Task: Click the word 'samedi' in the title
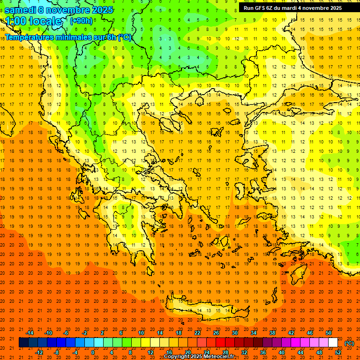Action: pos(21,10)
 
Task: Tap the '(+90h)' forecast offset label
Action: pos(81,21)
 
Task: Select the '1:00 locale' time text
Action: pos(34,21)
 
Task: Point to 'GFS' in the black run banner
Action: pos(262,8)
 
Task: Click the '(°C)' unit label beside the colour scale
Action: pos(349,343)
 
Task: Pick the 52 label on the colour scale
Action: pos(338,352)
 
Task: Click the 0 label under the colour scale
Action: pos(92,352)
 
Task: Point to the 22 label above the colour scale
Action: pos(197,333)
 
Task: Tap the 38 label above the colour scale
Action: pos(272,333)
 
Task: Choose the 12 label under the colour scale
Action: pos(150,352)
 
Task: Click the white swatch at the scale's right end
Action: pos(333,343)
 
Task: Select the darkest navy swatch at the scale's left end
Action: pos(23,343)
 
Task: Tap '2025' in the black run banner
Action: pos(335,8)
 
